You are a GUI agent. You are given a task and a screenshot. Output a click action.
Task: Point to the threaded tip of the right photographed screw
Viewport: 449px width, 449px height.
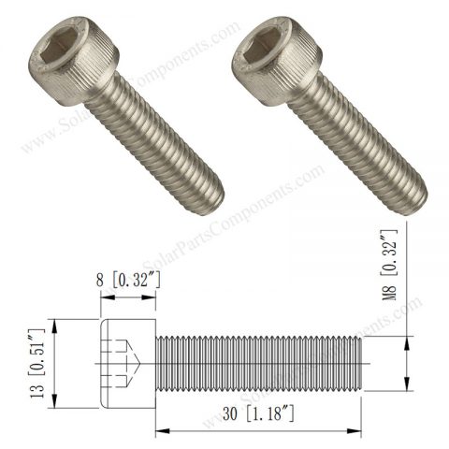(412, 192)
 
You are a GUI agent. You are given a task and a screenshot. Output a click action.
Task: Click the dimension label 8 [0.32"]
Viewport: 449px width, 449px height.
(128, 278)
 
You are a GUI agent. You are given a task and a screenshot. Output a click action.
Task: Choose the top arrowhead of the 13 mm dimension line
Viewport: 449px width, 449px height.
(57, 324)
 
